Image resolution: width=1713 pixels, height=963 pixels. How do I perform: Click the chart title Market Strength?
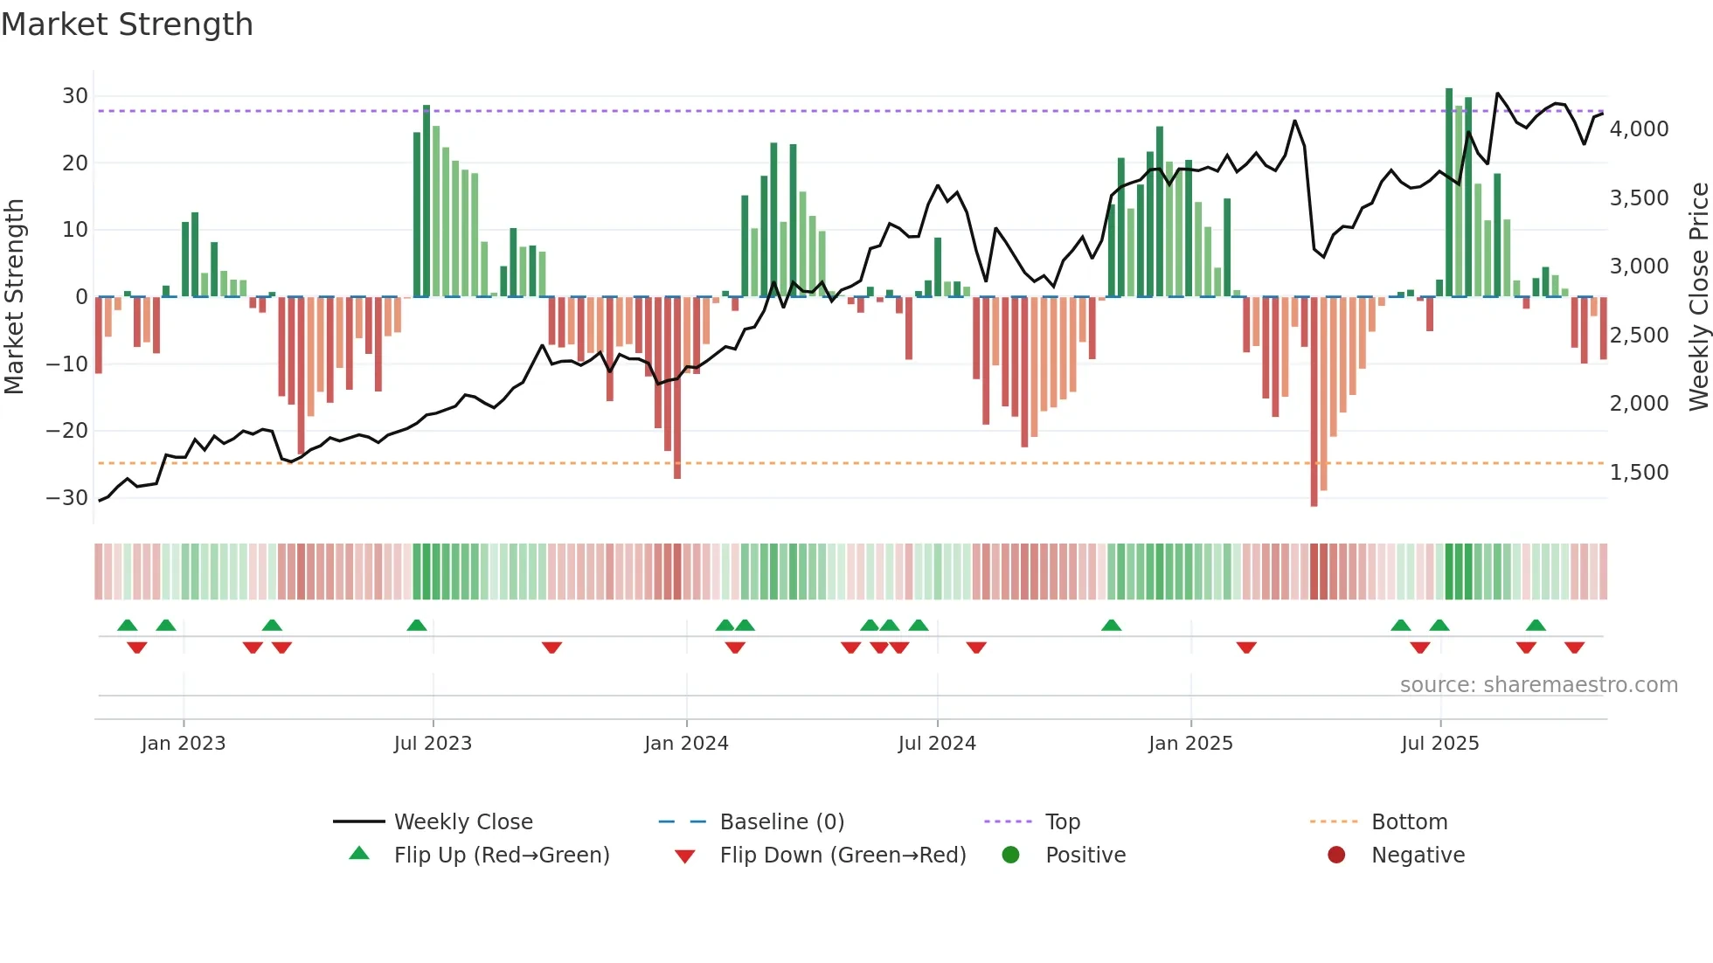click(127, 24)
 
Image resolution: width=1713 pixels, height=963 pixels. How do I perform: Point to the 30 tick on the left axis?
click(75, 96)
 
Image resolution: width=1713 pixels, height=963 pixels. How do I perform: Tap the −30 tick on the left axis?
click(67, 498)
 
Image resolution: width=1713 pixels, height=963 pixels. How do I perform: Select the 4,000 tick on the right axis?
click(1639, 129)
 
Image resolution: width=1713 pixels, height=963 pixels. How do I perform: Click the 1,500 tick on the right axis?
click(1639, 473)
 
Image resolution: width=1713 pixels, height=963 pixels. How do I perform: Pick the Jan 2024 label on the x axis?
click(686, 744)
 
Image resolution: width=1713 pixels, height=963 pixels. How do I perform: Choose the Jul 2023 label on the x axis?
click(433, 744)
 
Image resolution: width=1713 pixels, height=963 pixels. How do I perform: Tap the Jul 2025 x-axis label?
click(1439, 744)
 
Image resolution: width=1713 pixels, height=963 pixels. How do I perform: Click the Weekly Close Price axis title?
click(1698, 297)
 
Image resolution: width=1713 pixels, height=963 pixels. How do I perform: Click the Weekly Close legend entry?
click(462, 822)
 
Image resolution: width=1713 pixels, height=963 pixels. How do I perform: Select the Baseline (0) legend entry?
click(781, 822)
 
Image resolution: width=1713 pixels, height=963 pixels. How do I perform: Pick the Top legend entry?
click(1063, 822)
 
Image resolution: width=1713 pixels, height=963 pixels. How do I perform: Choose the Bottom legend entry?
click(1409, 822)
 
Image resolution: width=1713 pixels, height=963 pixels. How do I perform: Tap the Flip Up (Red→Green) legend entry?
click(501, 856)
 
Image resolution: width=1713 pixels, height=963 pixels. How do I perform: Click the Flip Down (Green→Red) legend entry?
click(843, 856)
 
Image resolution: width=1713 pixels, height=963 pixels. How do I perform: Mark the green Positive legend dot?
click(1011, 856)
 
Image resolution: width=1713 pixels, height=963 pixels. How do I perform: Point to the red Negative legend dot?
click(1336, 856)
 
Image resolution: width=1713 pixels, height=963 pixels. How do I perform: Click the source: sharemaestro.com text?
click(1538, 685)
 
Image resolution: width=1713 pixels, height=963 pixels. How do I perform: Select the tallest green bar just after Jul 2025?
click(1449, 192)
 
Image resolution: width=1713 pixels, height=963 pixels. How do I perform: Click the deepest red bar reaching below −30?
click(1314, 402)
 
